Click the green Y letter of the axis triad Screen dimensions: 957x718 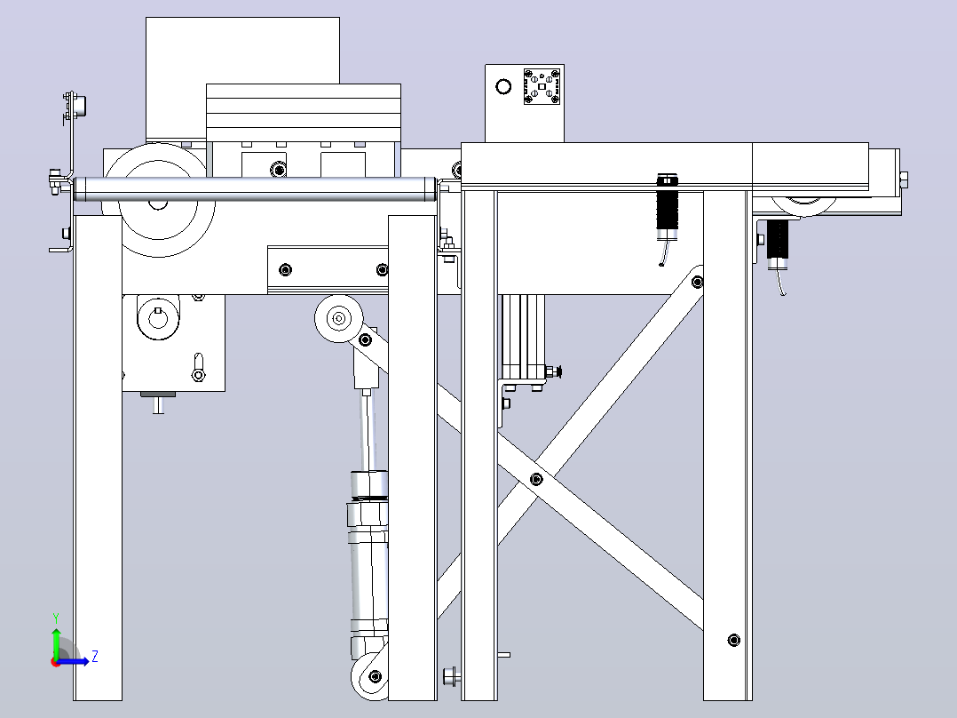point(56,618)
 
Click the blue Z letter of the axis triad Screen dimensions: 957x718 point(95,657)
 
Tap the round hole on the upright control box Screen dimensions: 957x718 point(503,87)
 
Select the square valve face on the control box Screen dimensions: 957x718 point(542,86)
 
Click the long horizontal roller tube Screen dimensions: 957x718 point(255,188)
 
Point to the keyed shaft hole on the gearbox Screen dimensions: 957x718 point(158,318)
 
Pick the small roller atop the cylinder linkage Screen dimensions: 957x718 point(339,318)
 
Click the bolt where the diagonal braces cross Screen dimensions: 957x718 point(536,479)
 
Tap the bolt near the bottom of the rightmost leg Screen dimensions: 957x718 point(734,641)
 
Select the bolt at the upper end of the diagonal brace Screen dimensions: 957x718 point(698,282)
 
